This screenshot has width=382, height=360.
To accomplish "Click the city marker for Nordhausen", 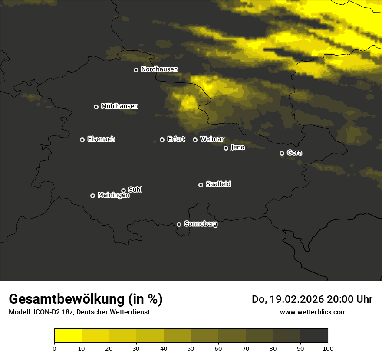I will pos(136,70).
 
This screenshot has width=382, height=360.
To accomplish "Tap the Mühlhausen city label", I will pos(119,106).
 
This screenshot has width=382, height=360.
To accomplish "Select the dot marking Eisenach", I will pos(82,140).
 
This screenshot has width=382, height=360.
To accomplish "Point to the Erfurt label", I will pos(176,139).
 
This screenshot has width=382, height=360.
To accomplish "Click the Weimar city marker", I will pos(195,140).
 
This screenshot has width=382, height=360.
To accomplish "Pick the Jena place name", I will pos(237,147).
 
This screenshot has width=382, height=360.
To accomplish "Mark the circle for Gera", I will pos(282,153).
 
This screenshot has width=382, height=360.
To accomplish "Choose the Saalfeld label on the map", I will pos(218,184).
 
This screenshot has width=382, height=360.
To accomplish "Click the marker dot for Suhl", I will pos(123,190).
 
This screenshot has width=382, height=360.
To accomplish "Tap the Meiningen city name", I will pos(113,196).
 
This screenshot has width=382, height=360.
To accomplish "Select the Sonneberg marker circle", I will pos(179,224).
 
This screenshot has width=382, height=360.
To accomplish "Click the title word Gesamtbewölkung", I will pos(67,299).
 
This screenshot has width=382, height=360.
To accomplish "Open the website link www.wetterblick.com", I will pos(313,312).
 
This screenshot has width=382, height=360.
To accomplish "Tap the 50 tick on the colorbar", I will pos(191,348).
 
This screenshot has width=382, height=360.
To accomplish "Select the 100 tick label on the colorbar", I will pos(328,348).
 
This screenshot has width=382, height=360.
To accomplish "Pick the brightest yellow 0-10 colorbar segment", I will pos(68,336).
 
